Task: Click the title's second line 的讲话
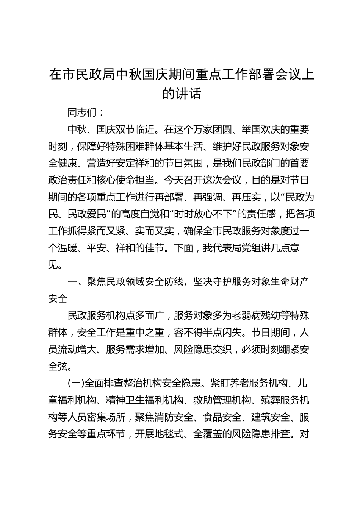click(182, 94)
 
